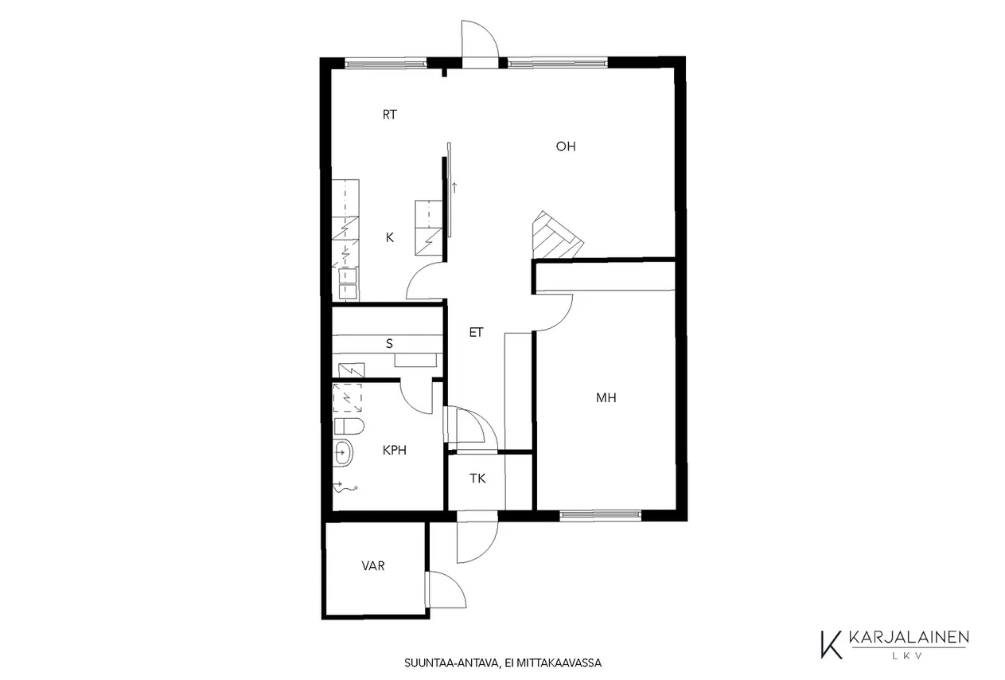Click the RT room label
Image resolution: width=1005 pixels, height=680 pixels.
click(x=389, y=115)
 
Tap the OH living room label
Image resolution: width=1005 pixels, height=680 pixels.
click(x=565, y=147)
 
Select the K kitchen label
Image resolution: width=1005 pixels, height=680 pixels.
click(x=389, y=237)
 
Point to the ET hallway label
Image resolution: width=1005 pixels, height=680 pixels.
click(x=476, y=333)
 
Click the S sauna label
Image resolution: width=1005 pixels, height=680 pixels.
click(x=389, y=344)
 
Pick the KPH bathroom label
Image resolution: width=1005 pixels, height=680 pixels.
click(x=395, y=450)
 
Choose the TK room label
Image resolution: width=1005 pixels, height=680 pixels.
click(x=477, y=479)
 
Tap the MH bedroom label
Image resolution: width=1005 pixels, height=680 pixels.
click(x=606, y=397)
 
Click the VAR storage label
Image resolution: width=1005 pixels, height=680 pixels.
click(x=373, y=566)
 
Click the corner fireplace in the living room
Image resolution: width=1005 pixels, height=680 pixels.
click(x=556, y=236)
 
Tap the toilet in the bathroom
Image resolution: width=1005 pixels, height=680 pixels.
click(x=349, y=427)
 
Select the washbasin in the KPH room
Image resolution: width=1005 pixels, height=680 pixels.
click(x=344, y=452)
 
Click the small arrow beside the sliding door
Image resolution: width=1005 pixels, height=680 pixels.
click(x=454, y=188)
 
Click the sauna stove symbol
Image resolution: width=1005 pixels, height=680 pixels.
click(x=351, y=370)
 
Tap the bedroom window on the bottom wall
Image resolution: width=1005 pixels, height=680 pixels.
click(x=601, y=516)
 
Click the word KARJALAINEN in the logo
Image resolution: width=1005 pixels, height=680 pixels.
click(x=909, y=638)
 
